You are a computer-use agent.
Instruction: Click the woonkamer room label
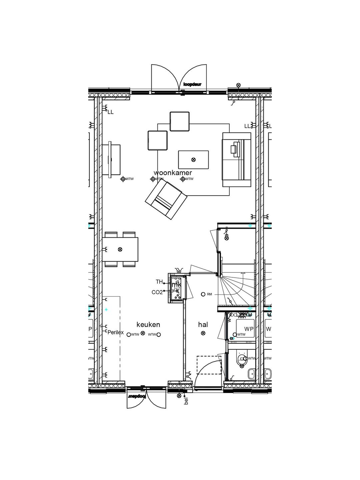[x=173, y=173]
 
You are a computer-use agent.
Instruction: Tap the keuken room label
[x=148, y=324]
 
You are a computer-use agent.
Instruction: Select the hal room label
[x=203, y=324]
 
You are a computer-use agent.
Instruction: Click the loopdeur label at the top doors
[x=192, y=84]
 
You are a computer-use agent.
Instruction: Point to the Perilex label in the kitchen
[x=115, y=332]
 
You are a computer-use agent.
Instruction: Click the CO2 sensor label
[x=157, y=292]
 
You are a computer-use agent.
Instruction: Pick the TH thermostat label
[x=159, y=282]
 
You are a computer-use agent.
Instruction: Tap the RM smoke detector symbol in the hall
[x=203, y=294]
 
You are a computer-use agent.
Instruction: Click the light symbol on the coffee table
[x=193, y=160]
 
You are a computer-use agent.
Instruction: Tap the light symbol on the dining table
[x=120, y=249]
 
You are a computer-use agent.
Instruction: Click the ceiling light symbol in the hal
[x=203, y=333]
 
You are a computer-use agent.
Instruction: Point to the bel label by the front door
[x=186, y=401]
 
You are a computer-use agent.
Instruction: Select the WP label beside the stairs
[x=249, y=329]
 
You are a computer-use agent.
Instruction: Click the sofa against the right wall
[x=236, y=159]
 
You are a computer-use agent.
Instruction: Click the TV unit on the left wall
[x=111, y=159]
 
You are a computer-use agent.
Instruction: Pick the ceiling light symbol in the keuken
[x=143, y=333]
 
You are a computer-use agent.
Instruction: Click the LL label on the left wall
[x=110, y=112]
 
